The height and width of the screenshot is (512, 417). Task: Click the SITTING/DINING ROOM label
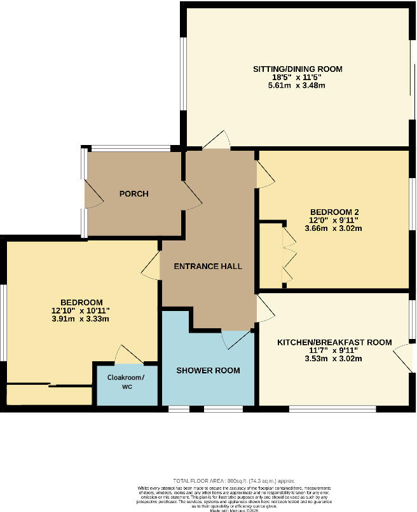(x=297, y=68)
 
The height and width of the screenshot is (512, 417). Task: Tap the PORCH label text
(x=133, y=193)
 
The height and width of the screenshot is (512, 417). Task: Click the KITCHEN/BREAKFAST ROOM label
(x=334, y=342)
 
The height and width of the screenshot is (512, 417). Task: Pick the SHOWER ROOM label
(x=208, y=370)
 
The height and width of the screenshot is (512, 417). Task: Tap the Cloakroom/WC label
(x=126, y=382)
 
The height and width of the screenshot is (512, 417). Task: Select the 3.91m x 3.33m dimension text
(x=81, y=319)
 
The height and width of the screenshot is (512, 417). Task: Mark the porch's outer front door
(x=93, y=193)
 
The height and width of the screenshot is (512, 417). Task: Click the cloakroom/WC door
(x=127, y=355)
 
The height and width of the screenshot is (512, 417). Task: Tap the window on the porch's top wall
(x=131, y=149)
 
